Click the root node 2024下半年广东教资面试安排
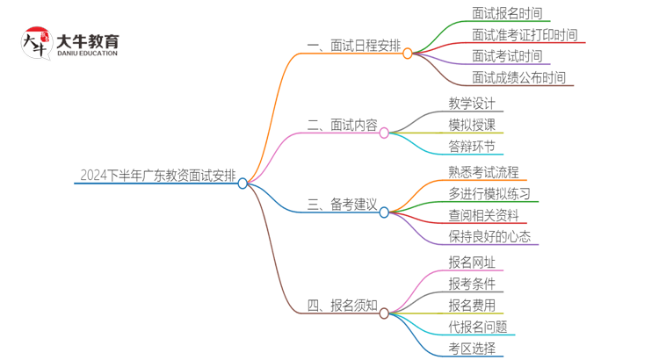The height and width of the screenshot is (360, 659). coord(157,176)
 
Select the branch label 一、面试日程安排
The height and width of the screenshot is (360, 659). coord(353,46)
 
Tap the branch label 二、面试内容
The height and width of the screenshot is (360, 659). coord(342,126)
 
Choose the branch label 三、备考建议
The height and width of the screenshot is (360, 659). coord(342,205)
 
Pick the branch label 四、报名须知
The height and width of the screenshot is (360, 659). coord(342,306)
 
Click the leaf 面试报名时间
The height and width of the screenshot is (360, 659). coord(507,14)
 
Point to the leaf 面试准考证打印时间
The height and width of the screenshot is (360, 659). coord(525,35)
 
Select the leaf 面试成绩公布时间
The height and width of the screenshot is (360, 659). coord(518,77)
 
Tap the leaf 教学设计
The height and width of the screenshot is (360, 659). coord(472,104)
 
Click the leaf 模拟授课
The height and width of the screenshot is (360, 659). coord(472,125)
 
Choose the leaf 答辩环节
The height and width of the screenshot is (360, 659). coord(472,147)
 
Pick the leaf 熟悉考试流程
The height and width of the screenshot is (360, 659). coord(483,172)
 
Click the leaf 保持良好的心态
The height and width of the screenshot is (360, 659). coord(489,237)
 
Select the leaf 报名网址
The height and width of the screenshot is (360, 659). coord(472,263)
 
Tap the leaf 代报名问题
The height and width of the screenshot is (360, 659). coord(477,327)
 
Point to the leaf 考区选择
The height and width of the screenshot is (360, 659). coord(472,349)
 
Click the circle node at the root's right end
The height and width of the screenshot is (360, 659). coord(243,184)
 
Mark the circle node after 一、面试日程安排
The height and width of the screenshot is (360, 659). coord(408,54)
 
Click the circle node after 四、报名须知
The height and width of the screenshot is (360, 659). coord(384,313)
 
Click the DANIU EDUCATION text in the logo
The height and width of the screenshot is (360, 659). coord(86,53)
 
